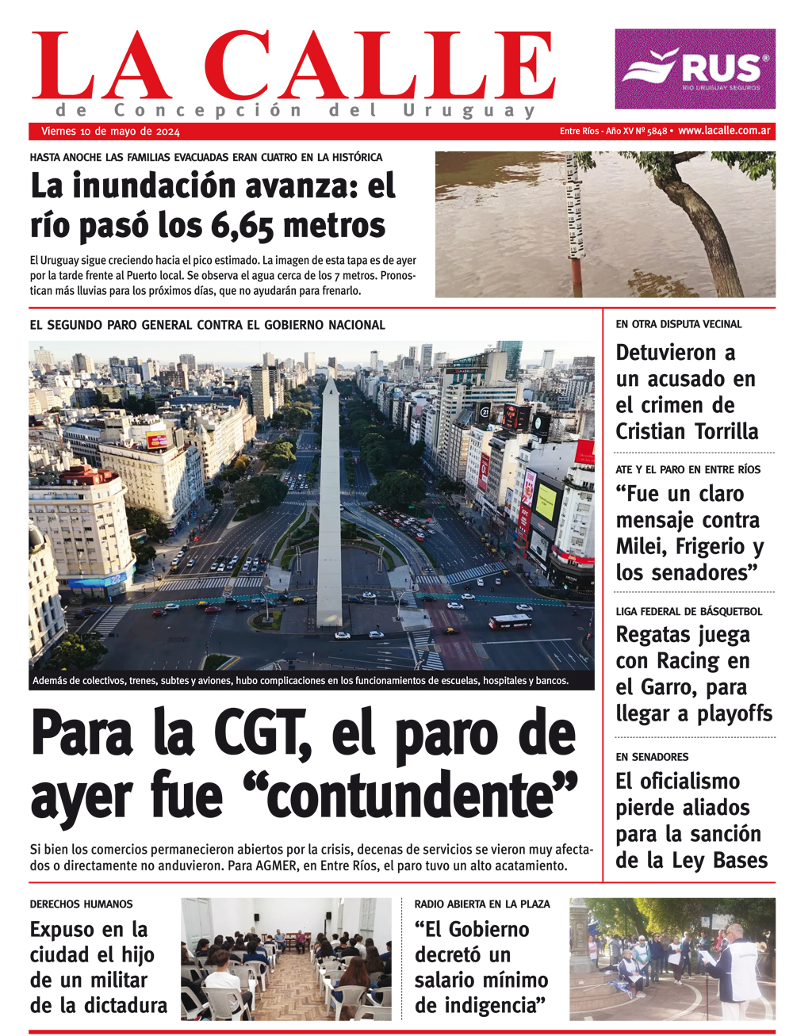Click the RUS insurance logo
695,69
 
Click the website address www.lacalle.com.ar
724,131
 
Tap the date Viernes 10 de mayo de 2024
110,132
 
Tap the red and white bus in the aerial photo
510,621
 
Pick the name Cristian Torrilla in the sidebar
687,431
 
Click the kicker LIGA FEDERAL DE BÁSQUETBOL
689,611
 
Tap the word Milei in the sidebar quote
643,547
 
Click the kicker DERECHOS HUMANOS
81,904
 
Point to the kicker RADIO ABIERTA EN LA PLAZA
482,904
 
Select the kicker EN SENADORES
652,757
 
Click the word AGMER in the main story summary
275,866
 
